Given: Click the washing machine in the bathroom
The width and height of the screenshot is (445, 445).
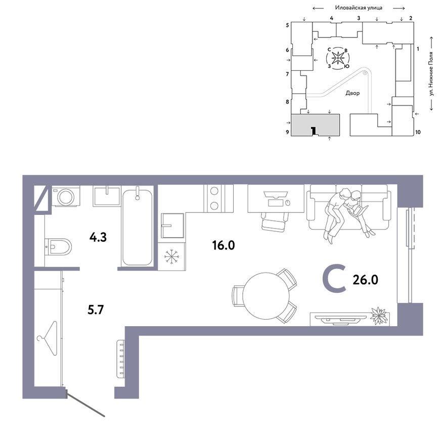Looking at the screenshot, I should point(65,196).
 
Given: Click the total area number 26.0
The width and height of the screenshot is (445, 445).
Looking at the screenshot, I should point(366,279).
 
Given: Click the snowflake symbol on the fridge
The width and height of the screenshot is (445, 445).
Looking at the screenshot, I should point(172,256).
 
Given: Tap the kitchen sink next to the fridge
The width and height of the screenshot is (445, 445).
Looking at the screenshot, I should point(172,225).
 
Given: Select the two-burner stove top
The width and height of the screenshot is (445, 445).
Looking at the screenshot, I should point(214,198).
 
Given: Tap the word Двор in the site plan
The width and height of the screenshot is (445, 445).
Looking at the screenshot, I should point(352,94).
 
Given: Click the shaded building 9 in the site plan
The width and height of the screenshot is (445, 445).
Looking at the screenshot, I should point(315,124).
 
